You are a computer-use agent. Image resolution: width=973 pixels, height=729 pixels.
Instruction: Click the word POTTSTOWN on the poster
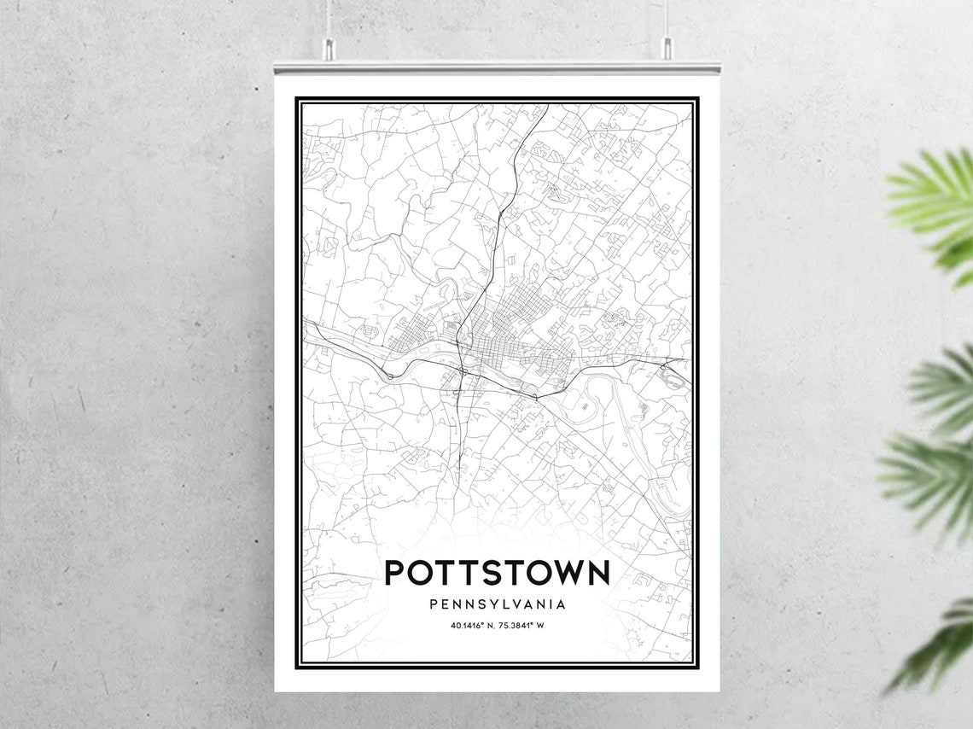click(x=497, y=573)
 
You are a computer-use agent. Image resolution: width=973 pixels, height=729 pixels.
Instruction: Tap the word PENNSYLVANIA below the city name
click(x=498, y=604)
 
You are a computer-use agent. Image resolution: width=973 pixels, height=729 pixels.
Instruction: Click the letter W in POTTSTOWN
click(x=562, y=573)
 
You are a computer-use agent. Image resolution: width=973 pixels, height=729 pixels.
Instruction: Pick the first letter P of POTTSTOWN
click(x=395, y=573)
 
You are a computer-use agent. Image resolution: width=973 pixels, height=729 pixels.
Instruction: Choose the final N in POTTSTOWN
click(x=598, y=573)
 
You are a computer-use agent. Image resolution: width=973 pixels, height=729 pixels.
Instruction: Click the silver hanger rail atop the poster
click(x=497, y=67)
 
